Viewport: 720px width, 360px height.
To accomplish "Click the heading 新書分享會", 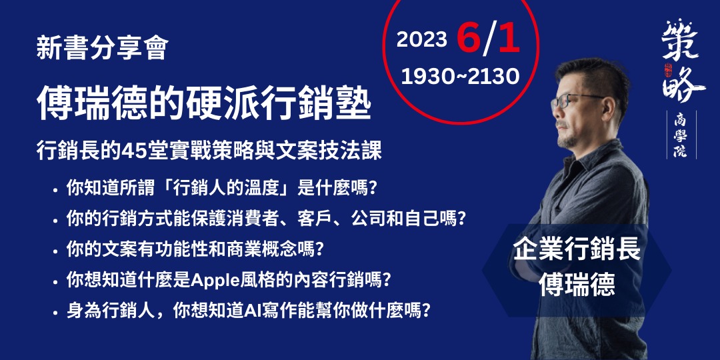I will coord(101,49).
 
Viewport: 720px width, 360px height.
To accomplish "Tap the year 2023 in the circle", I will coord(421,40).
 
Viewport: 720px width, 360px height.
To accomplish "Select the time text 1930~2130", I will coord(460,77).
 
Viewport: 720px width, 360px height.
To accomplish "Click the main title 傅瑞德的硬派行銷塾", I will coord(203,105).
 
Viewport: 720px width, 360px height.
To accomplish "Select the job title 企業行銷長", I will coord(577,250).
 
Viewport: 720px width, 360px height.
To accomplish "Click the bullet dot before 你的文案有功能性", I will coord(55,251).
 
